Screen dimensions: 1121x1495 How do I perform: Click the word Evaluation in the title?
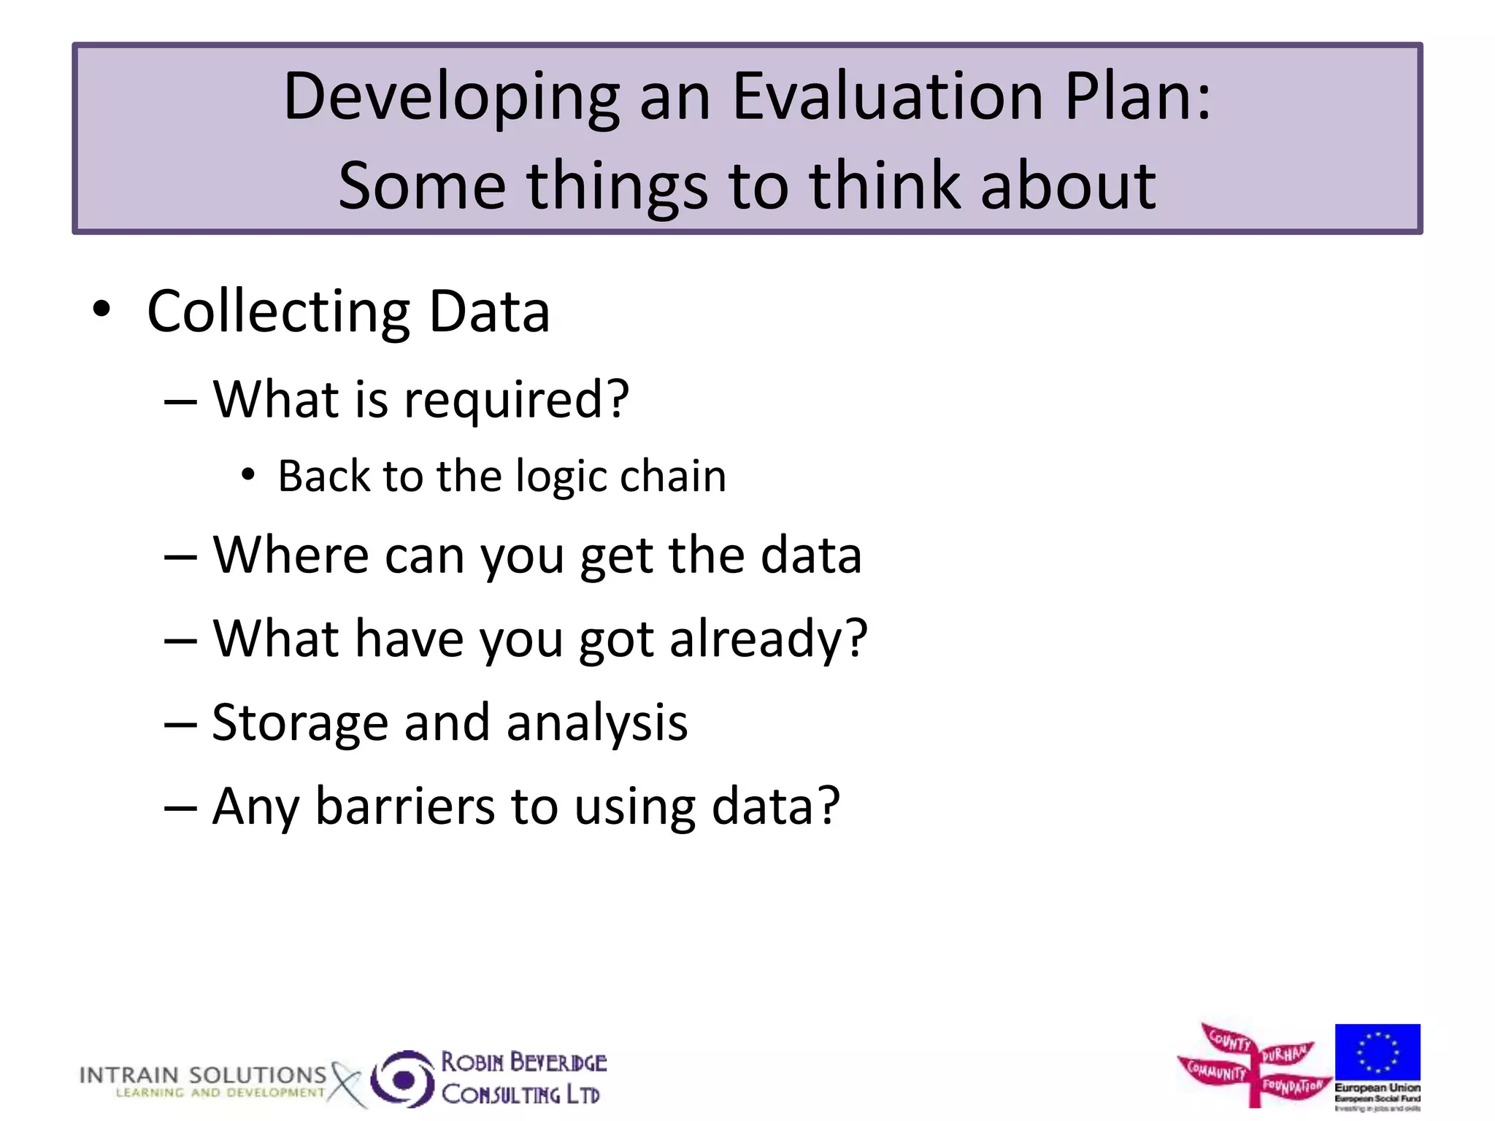(x=888, y=96)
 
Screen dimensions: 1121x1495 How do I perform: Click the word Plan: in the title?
(x=1137, y=96)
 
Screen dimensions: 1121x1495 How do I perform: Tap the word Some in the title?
(x=421, y=185)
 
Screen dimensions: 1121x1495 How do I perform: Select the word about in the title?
(x=1067, y=185)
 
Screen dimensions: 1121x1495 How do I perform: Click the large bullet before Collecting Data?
(x=101, y=309)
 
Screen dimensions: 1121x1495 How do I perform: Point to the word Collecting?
(x=278, y=312)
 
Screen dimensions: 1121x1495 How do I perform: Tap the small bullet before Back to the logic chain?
(x=248, y=475)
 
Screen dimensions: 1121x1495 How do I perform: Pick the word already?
(x=768, y=639)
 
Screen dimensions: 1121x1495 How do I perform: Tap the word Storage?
(x=299, y=724)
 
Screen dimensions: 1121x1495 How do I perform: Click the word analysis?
(x=596, y=724)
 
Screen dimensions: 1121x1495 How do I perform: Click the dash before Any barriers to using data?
(x=180, y=808)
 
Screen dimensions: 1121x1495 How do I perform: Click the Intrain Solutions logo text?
(x=203, y=1075)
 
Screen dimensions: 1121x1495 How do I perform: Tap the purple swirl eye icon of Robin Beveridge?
(x=402, y=1079)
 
